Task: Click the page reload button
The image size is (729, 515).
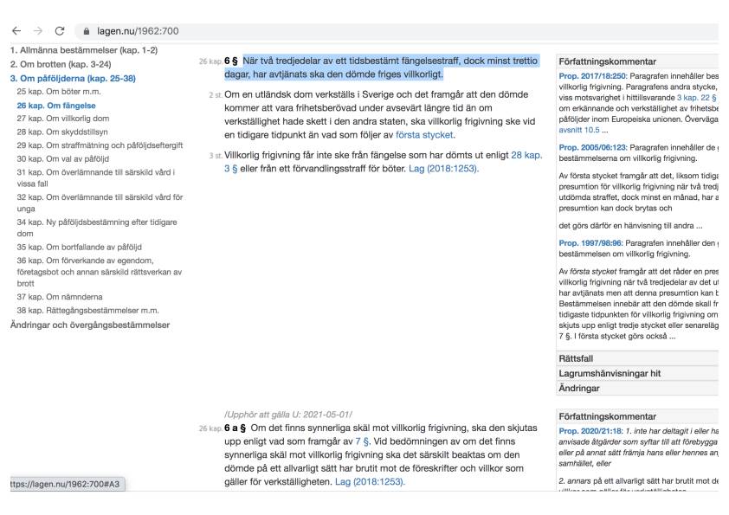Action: [59, 32]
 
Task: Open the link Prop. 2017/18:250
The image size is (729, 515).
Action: [597, 77]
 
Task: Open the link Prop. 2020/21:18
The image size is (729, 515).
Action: [595, 431]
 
